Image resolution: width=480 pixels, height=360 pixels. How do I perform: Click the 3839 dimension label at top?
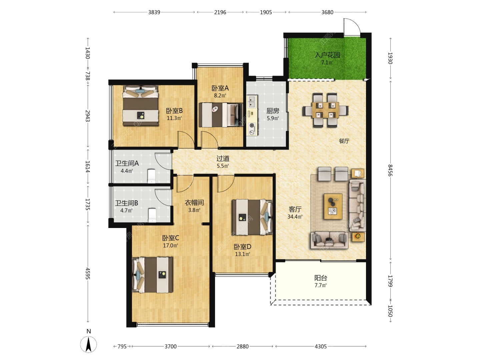[x=154, y=12]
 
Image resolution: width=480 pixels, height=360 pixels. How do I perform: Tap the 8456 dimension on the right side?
[x=390, y=170]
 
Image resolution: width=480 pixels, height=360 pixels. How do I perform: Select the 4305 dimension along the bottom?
[x=321, y=346]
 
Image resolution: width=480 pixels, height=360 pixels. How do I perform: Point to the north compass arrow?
[x=88, y=344]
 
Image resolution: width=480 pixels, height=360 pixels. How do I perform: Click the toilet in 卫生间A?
[x=152, y=176]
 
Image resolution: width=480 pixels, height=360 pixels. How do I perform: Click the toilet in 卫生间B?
[x=152, y=215]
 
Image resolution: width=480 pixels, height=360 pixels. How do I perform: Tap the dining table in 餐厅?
[x=325, y=110]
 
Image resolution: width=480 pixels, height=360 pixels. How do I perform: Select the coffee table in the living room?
[x=333, y=206]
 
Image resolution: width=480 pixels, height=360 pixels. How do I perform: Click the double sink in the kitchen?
[x=252, y=101]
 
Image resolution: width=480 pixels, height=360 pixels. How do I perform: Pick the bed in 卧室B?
[x=141, y=105]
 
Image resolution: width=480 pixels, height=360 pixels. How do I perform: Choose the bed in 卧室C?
[x=152, y=275]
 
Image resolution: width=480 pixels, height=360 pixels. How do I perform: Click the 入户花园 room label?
[x=327, y=55]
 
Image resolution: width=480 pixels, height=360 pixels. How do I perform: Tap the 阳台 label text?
[x=321, y=278]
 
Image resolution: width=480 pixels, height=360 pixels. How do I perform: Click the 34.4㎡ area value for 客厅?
[x=295, y=217]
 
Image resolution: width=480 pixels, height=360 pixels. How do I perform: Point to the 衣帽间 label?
[x=194, y=203]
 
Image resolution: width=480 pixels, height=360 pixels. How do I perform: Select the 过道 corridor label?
[x=223, y=158]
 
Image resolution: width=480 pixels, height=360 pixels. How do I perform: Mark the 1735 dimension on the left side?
[x=88, y=204]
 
